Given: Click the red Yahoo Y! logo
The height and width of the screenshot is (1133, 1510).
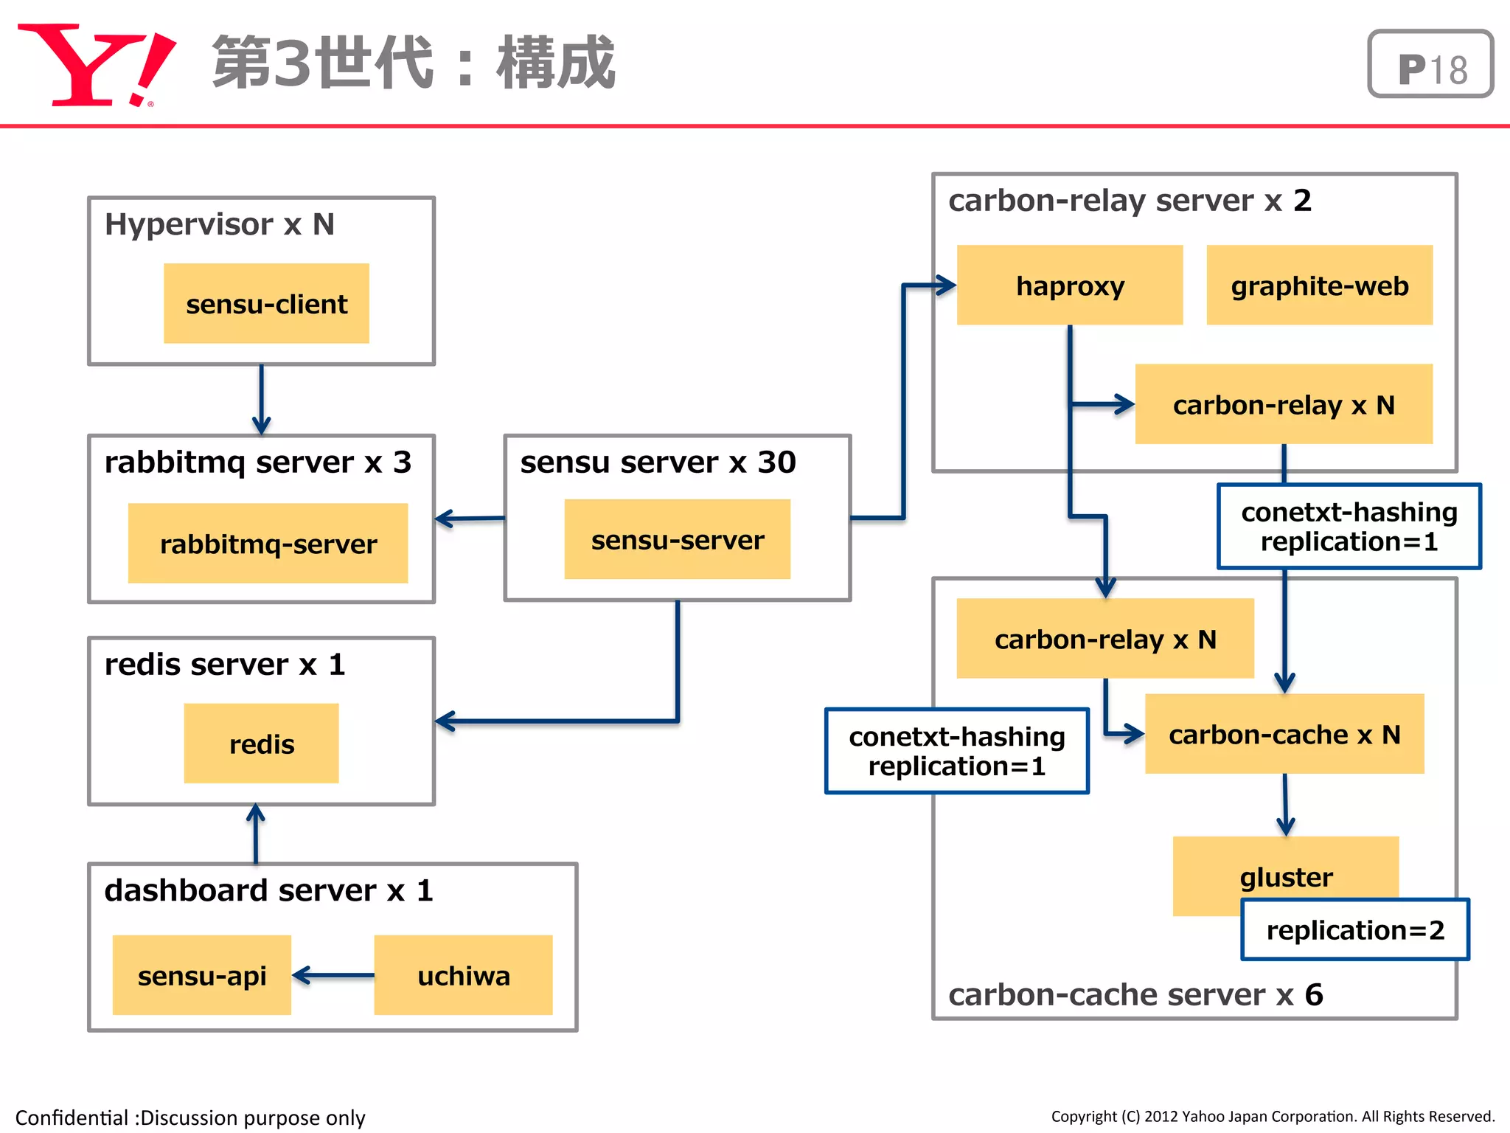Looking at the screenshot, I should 96,65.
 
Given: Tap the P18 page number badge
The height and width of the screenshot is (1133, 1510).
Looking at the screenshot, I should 1430,64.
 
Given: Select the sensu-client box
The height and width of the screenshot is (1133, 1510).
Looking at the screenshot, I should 266,303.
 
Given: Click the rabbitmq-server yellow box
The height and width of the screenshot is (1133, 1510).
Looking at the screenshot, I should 268,544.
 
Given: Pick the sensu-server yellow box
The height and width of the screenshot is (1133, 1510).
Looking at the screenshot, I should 677,539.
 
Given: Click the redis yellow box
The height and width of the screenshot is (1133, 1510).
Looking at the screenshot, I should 261,744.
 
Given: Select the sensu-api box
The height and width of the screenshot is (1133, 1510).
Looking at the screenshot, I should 201,975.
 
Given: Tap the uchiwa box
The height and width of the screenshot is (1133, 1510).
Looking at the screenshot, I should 463,975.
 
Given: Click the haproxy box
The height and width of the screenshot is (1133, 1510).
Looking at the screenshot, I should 1069,285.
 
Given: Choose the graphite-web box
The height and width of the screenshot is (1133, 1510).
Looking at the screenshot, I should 1319,285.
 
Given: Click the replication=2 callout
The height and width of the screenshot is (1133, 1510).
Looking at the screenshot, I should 1355,930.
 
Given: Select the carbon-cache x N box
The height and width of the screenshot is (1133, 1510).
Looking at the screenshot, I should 1284,734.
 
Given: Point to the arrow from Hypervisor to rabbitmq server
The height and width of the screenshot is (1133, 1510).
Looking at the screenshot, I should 261,399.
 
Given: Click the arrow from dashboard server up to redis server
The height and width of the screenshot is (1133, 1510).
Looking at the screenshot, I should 256,834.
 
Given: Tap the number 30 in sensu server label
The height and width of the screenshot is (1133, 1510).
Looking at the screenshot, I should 776,462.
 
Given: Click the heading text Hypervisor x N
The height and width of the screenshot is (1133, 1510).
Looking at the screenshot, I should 220,224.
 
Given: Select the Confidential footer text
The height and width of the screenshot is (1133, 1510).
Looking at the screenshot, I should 190,1118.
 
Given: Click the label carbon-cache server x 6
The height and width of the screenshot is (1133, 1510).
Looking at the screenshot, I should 1135,995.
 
